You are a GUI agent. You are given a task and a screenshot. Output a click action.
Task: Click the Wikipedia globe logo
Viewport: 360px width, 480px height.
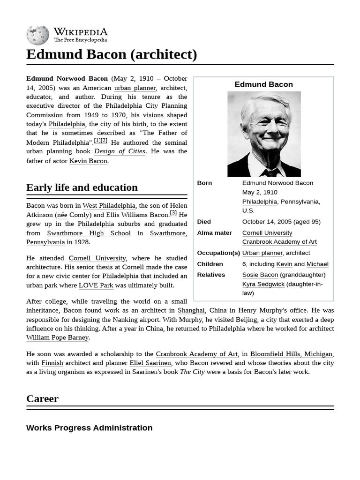pos(37,36)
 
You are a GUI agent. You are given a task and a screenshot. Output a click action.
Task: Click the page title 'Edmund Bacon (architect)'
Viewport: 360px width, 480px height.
pos(112,54)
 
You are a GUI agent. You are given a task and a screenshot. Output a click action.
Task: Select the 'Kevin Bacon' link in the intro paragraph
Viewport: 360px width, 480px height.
pos(89,161)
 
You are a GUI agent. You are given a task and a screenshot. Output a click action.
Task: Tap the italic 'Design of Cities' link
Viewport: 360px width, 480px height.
pos(120,151)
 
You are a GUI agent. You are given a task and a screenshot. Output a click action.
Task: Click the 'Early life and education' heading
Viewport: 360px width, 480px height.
pos(82,187)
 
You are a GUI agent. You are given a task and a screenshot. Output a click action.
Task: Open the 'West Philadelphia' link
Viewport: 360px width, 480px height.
pos(109,206)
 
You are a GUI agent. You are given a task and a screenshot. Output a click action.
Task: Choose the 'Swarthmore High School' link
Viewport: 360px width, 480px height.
pos(89,233)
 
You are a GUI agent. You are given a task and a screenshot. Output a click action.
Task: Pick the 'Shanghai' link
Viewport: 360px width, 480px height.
pos(191,310)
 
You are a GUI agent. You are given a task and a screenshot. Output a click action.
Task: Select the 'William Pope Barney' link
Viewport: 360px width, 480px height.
pos(57,337)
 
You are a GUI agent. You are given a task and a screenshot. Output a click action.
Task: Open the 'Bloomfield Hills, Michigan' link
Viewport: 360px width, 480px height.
pos(291,354)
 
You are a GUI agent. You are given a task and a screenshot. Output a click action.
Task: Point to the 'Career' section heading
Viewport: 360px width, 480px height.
pos(43,399)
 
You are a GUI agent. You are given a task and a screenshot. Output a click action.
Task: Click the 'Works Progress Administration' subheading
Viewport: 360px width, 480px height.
pos(89,427)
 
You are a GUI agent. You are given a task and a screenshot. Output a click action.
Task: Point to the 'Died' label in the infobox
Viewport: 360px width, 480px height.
pos(204,222)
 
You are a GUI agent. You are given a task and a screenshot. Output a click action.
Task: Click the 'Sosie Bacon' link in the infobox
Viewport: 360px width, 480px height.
pos(260,275)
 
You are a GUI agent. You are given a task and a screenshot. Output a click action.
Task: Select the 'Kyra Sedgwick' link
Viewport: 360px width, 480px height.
pos(263,284)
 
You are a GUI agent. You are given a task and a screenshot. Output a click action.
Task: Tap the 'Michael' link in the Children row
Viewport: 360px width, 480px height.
pos(317,264)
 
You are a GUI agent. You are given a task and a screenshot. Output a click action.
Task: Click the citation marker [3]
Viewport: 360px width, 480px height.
pos(173,213)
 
